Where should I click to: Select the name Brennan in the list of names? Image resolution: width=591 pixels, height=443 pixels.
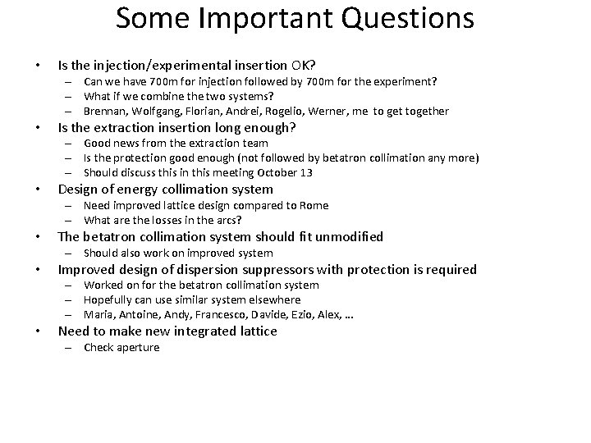104,111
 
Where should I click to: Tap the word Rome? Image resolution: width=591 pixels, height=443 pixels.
314,205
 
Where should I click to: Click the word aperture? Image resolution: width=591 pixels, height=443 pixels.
139,348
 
